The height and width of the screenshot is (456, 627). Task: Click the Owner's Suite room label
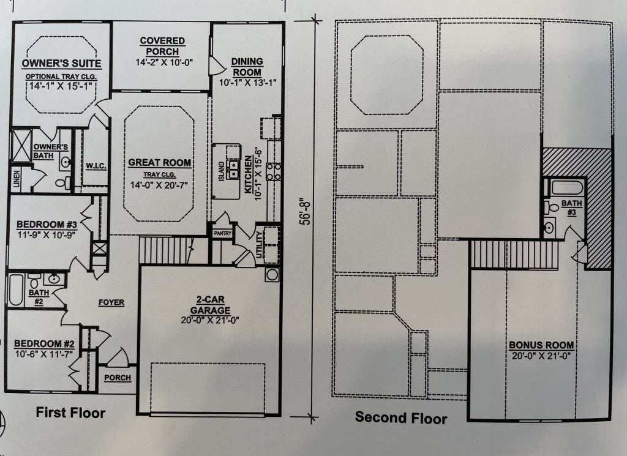tap(61, 63)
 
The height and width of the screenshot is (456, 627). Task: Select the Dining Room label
tap(247, 67)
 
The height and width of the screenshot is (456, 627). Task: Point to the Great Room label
tap(159, 163)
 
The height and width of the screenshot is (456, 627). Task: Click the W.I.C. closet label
tap(96, 166)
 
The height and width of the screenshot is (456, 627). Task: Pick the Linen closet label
tap(17, 180)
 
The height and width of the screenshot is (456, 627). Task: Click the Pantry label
tap(222, 233)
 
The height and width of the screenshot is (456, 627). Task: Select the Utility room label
tap(259, 245)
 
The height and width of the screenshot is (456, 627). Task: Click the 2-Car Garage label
tap(210, 305)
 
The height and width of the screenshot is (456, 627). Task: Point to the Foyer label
tap(111, 302)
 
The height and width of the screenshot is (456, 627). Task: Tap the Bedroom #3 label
tap(47, 225)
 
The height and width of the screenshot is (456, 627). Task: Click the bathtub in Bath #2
tap(15, 290)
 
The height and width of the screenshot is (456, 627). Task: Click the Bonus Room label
tap(541, 345)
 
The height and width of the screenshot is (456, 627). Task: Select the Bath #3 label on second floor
tap(571, 208)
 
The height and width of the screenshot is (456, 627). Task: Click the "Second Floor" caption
tap(401, 417)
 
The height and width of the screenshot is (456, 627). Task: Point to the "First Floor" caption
tap(71, 413)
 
